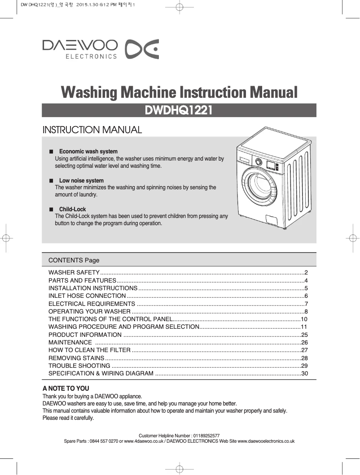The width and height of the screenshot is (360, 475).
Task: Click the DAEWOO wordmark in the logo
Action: [80, 45]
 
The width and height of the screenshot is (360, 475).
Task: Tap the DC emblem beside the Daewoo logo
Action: [141, 49]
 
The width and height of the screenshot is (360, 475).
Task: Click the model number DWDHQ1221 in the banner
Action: [179, 110]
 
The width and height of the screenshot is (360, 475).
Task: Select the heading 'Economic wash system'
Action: [88, 152]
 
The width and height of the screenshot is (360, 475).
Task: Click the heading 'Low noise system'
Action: [81, 181]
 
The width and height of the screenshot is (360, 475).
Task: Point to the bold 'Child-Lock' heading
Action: [72, 209]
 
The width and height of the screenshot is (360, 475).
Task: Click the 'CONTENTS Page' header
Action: [74, 260]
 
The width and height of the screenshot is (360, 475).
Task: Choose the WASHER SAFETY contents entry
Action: [74, 273]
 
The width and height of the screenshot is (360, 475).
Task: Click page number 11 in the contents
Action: [304, 327]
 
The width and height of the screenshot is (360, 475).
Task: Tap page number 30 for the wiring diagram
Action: [304, 374]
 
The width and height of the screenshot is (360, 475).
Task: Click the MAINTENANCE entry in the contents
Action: [70, 342]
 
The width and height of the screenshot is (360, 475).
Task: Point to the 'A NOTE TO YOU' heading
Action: [66, 388]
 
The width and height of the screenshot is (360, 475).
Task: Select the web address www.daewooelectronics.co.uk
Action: [265, 441]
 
